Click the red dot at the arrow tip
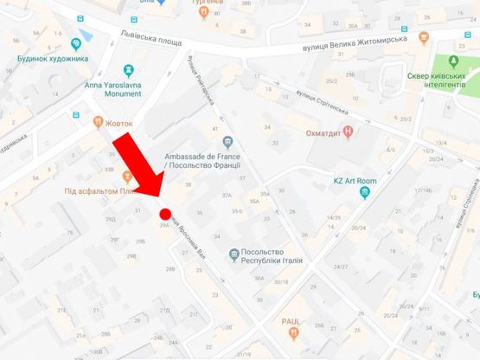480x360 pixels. (165, 214)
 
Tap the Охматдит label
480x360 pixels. (317, 132)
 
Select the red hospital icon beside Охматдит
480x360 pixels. (349, 132)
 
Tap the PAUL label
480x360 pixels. (291, 320)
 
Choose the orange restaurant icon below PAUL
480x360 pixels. (294, 332)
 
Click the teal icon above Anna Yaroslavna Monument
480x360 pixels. (128, 68)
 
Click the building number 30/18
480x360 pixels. (283, 282)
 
